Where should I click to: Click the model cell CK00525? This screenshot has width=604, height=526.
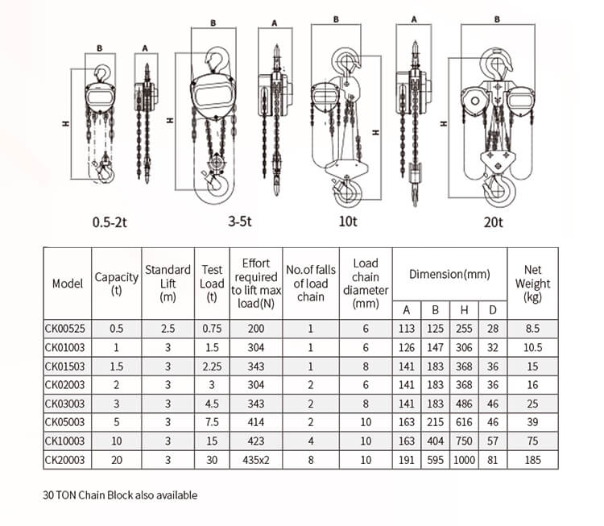point(68,328)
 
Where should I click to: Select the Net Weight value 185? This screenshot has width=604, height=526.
point(532,460)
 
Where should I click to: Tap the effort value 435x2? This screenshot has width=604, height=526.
point(255,460)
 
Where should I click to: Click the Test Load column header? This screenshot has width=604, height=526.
point(212,284)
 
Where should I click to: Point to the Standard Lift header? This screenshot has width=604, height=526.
point(168,284)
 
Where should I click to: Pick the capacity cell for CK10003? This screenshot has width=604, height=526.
point(116,441)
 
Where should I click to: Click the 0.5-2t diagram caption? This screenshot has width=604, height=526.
point(110,222)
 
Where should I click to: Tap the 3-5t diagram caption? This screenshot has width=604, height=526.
point(240,222)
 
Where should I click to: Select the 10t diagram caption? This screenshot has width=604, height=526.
point(348,222)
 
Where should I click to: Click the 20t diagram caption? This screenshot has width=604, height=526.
point(493,222)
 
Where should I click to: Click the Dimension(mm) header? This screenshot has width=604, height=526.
point(449,274)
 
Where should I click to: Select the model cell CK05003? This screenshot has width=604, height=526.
point(68,422)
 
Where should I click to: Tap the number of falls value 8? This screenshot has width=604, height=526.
point(311,460)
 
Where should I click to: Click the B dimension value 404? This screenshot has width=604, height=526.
point(435,441)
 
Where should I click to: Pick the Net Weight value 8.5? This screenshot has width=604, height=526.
point(532,328)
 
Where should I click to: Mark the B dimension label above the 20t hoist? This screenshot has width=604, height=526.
point(497,18)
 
